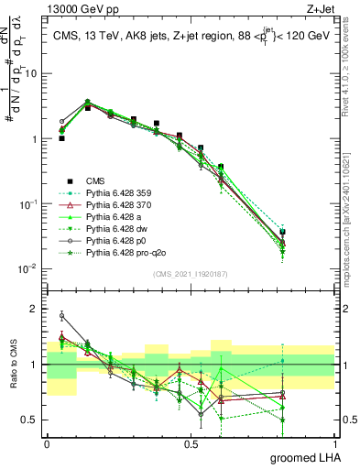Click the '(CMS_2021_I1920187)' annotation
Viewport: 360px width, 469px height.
point(191,272)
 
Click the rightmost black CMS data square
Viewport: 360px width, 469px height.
point(308,232)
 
